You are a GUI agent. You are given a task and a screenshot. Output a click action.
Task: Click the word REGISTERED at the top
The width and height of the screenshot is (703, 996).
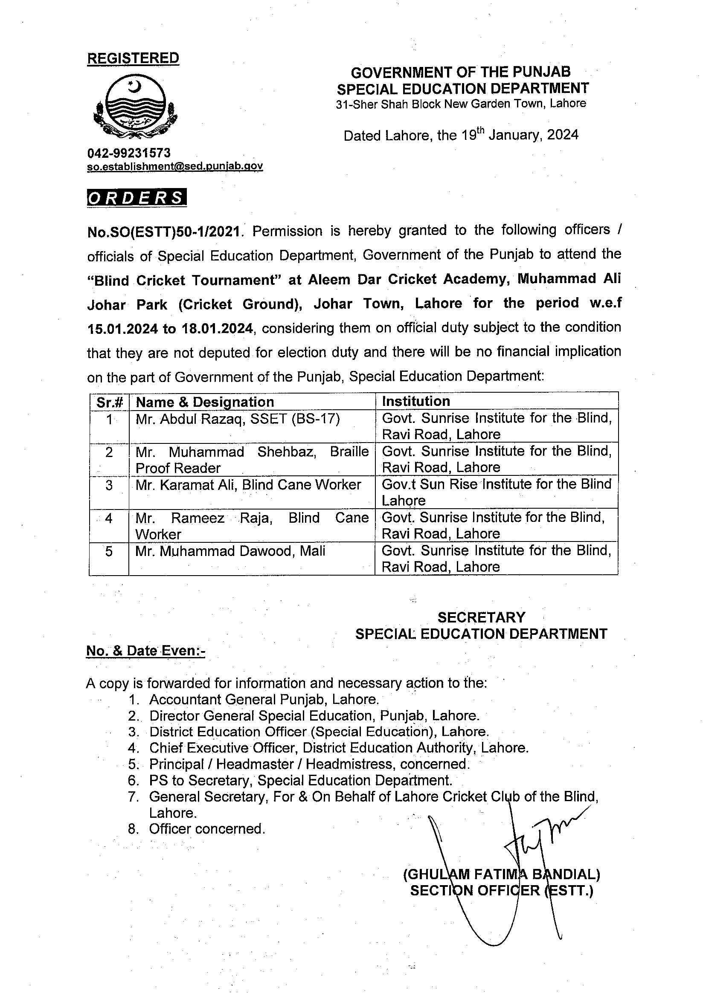pyautogui.click(x=133, y=58)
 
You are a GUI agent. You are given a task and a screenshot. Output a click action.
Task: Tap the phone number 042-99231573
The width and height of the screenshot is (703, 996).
pyautogui.click(x=129, y=153)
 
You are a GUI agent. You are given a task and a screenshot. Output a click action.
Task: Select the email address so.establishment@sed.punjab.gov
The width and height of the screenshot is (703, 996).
pyautogui.click(x=175, y=166)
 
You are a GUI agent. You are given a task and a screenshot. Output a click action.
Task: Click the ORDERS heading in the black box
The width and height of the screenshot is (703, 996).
pyautogui.click(x=136, y=197)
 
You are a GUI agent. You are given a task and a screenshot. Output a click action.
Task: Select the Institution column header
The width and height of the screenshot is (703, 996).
pyautogui.click(x=416, y=401)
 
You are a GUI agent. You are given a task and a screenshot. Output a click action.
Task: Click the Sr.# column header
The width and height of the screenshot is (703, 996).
pyautogui.click(x=109, y=402)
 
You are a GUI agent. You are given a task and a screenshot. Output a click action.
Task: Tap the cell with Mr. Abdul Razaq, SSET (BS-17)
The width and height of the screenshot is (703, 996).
pyautogui.click(x=238, y=419)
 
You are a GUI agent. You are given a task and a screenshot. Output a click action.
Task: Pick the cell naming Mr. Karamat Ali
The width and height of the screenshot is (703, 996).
pyautogui.click(x=248, y=485)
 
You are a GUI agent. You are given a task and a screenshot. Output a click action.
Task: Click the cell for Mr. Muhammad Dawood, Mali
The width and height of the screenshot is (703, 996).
pyautogui.click(x=230, y=551)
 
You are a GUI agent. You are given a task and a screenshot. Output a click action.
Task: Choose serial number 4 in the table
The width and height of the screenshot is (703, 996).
pyautogui.click(x=109, y=518)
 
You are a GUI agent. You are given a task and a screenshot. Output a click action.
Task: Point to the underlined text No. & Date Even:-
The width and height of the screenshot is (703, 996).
pyautogui.click(x=145, y=651)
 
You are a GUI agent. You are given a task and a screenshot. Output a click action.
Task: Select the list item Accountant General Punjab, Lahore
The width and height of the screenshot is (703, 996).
pyautogui.click(x=264, y=699)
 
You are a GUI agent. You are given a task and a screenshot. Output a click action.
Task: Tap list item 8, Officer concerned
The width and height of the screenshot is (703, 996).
pyautogui.click(x=206, y=829)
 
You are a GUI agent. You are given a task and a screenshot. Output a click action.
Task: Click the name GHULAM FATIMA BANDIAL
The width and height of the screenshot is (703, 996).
pyautogui.click(x=501, y=874)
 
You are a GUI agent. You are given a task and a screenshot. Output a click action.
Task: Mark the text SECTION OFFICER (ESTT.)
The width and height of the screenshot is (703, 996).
pyautogui.click(x=501, y=891)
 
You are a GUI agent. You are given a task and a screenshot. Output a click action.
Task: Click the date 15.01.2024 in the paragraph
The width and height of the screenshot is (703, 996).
pyautogui.click(x=122, y=328)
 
